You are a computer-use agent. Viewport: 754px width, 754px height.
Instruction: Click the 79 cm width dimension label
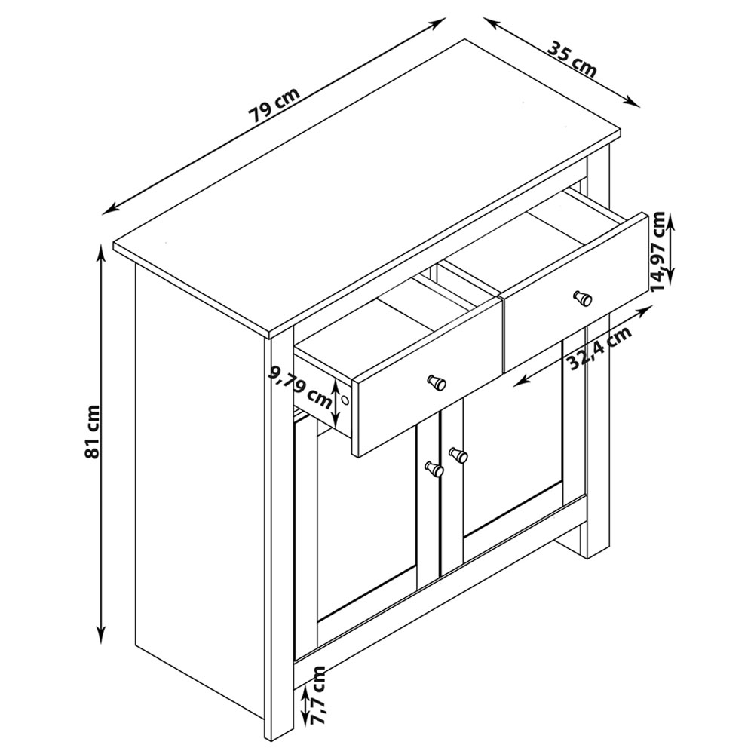[274, 105]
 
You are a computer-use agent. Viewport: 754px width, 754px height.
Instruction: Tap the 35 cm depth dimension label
[572, 60]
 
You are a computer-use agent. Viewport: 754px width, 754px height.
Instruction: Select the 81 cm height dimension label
[91, 431]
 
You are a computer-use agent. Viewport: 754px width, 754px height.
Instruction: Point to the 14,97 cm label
[657, 252]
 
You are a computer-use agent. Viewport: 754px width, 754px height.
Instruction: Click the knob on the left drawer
[437, 382]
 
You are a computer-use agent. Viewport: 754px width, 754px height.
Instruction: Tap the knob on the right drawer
[582, 298]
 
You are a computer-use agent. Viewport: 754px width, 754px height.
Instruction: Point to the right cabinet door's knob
[458, 455]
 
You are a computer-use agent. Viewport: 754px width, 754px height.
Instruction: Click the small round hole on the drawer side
[345, 400]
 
